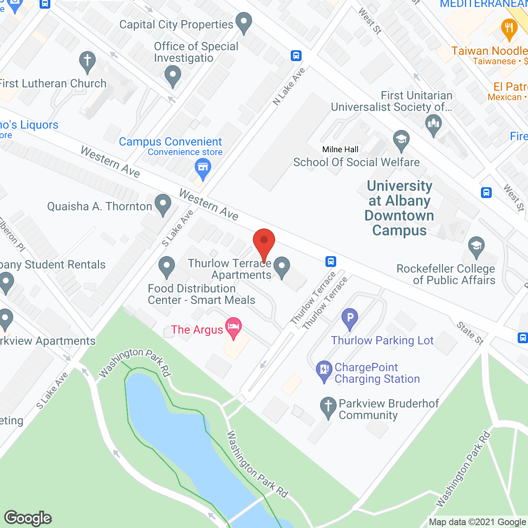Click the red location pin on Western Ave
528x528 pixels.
264,241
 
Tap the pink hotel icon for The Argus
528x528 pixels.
234,328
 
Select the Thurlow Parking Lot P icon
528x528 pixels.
350,318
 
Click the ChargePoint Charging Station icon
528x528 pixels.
324,370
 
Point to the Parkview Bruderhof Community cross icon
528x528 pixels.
328,407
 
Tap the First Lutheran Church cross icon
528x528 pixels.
87,62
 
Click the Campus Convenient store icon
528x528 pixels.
203,168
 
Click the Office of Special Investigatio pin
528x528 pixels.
172,76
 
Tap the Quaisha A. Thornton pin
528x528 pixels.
163,204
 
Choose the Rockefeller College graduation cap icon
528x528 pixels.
476,247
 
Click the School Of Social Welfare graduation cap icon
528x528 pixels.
401,140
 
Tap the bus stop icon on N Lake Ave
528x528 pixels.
296,55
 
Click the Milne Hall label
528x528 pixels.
340,149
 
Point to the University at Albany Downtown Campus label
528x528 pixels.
399,208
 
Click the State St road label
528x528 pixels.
470,333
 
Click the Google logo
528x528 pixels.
28,518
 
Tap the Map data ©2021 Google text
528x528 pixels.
477,522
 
